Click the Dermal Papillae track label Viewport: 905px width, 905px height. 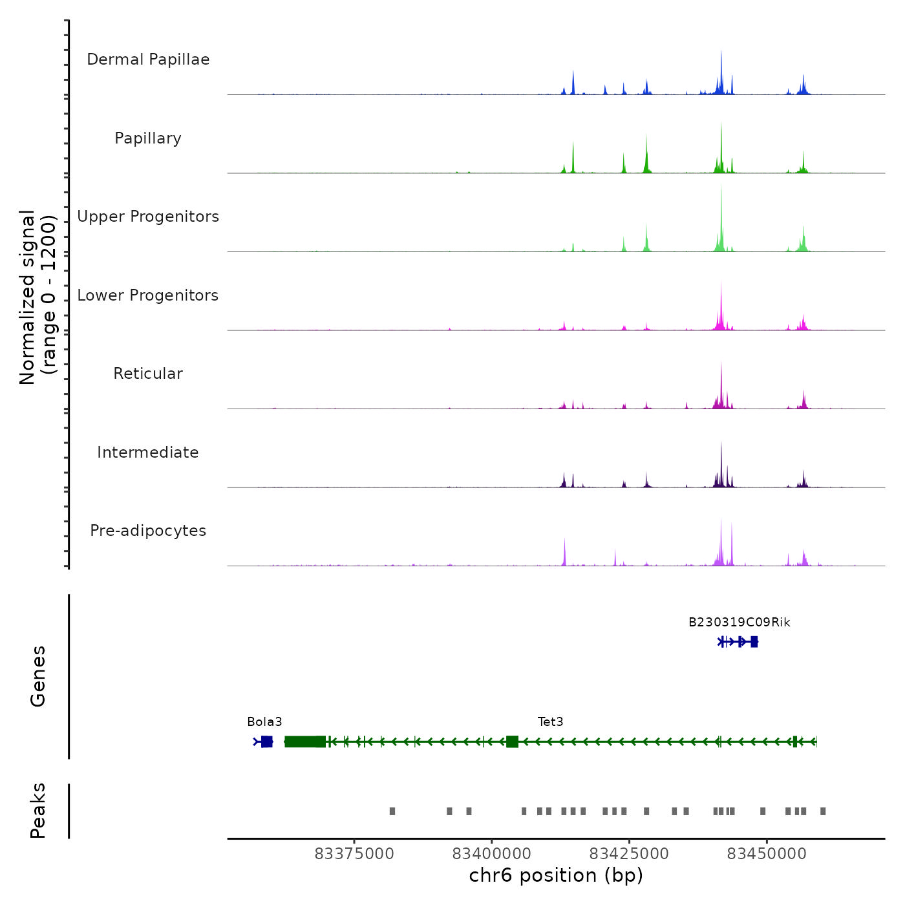click(x=148, y=59)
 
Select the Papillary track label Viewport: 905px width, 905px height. click(x=148, y=138)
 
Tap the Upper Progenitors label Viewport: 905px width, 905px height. click(x=148, y=217)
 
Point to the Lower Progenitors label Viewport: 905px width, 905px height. click(x=148, y=295)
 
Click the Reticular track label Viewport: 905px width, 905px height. click(x=148, y=374)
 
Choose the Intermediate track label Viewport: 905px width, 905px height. click(x=148, y=452)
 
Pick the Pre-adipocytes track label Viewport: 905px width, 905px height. click(x=148, y=531)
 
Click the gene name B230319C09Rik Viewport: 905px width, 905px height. click(x=739, y=623)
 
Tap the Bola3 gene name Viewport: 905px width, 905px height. click(x=264, y=722)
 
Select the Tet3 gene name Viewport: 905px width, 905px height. click(x=550, y=722)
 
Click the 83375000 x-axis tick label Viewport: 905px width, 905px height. click(x=354, y=854)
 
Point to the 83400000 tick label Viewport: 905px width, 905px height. click(x=491, y=854)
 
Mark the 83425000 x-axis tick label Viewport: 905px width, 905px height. click(x=629, y=854)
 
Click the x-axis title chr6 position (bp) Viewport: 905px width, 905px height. click(x=556, y=875)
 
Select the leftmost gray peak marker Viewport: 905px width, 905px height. click(x=392, y=811)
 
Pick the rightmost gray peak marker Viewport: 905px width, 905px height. click(x=823, y=811)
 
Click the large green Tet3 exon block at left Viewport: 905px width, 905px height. click(x=305, y=741)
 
